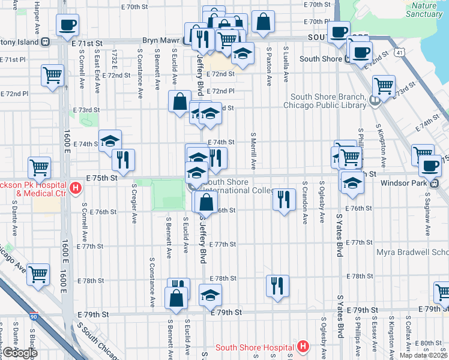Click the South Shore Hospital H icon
point(303,347)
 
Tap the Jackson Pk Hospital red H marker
point(76,188)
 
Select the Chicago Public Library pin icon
point(375,100)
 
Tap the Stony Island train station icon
point(45,42)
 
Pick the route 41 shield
point(399,53)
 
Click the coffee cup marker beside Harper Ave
point(67,25)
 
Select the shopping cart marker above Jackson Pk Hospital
point(39,167)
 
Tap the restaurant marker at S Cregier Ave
point(123,159)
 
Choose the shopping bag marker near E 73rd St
point(179,101)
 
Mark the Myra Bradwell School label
point(412,252)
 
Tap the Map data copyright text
point(423,355)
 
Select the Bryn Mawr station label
point(161,41)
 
